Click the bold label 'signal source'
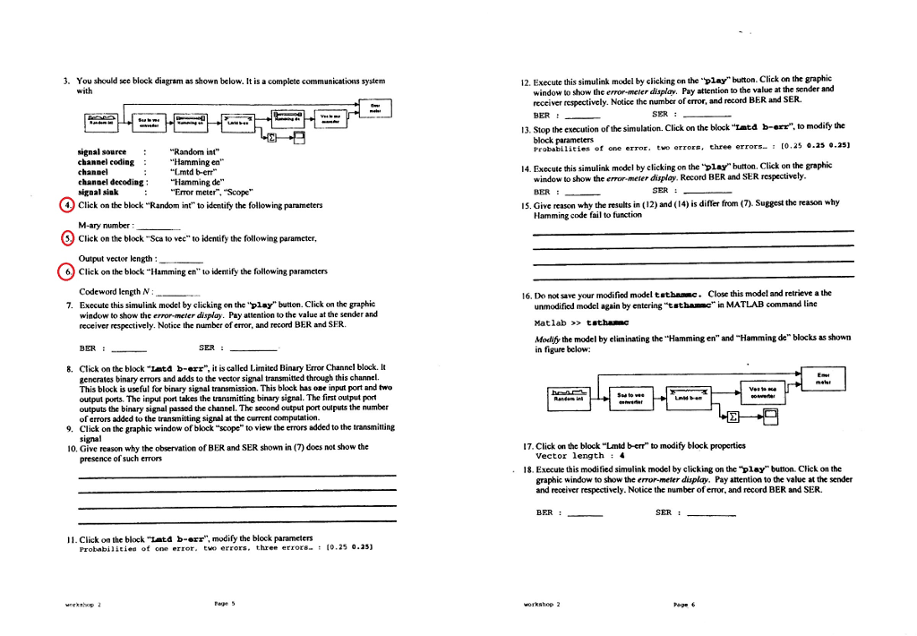click(x=101, y=151)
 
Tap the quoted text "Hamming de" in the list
click(x=196, y=181)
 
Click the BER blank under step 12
click(x=582, y=116)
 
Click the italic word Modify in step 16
click(x=547, y=338)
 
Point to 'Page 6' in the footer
click(x=687, y=605)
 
